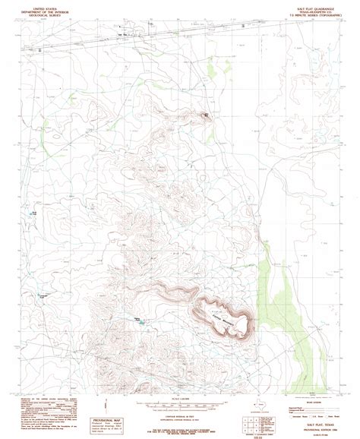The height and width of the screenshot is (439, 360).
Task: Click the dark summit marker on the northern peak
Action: click(204, 115)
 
